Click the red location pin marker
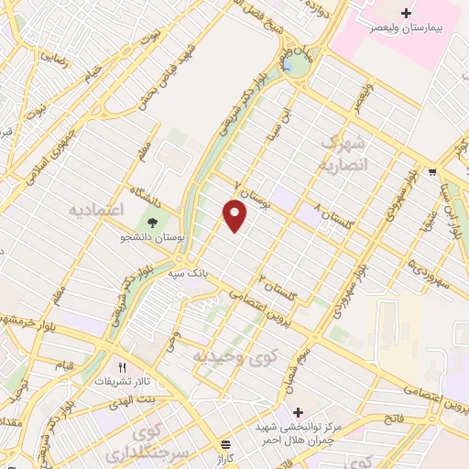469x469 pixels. (x=235, y=215)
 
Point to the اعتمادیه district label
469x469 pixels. (x=95, y=210)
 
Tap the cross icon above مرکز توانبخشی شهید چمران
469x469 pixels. (x=297, y=411)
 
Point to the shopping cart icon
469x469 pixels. (x=431, y=171)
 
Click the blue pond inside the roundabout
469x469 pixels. (x=291, y=65)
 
